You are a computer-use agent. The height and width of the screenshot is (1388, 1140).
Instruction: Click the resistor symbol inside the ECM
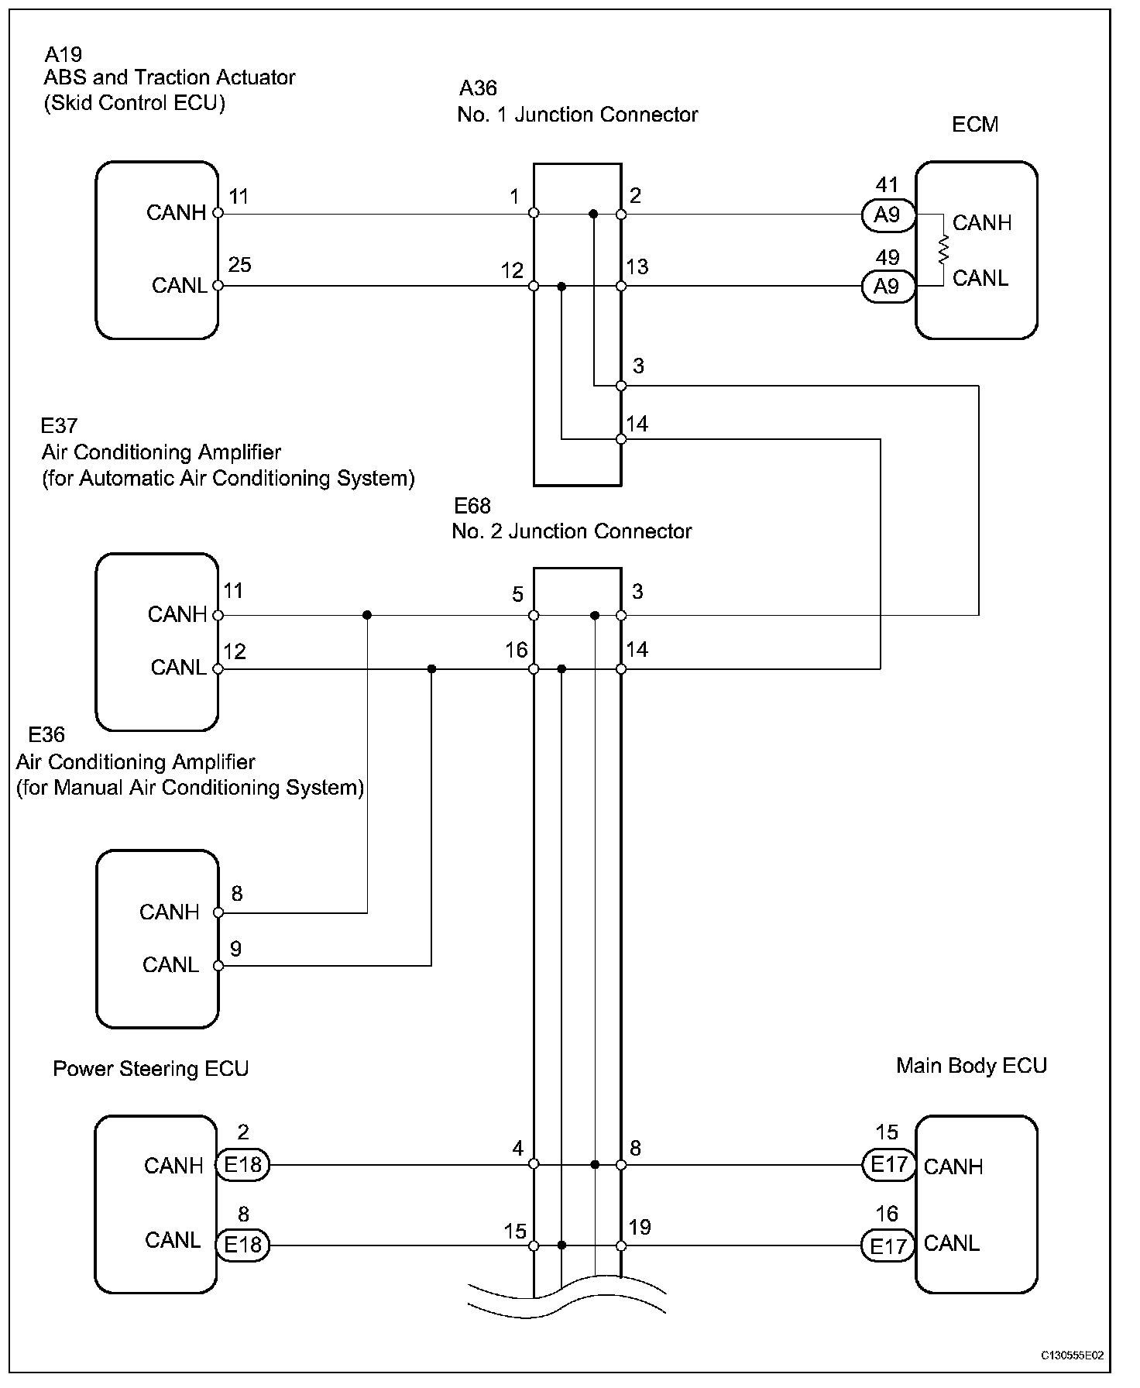click(x=943, y=250)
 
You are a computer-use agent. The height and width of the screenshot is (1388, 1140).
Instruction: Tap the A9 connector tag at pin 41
click(x=888, y=215)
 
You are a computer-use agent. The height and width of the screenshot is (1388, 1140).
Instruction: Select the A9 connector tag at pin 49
click(x=888, y=287)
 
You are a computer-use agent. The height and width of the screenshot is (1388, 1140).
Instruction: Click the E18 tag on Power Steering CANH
click(x=242, y=1164)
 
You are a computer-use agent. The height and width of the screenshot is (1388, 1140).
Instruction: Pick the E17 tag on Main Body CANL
click(x=888, y=1245)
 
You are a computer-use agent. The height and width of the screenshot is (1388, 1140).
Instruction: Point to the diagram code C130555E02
click(x=1072, y=1355)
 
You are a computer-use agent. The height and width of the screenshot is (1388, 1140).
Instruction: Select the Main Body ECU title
click(x=971, y=1066)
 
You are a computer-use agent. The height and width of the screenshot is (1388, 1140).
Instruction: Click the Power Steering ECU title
click(x=150, y=1069)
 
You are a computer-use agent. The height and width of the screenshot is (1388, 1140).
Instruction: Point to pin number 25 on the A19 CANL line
click(x=239, y=265)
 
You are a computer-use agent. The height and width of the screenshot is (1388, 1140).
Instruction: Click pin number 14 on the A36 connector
click(x=637, y=424)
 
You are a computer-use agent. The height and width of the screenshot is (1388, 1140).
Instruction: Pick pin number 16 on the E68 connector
click(x=517, y=650)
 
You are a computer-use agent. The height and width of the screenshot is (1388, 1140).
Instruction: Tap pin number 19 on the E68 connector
click(x=640, y=1227)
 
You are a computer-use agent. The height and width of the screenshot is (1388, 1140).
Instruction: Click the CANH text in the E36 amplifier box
click(x=170, y=912)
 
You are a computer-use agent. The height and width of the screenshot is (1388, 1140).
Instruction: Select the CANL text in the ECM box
click(x=980, y=278)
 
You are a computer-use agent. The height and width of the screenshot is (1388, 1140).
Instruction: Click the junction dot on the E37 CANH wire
click(x=367, y=615)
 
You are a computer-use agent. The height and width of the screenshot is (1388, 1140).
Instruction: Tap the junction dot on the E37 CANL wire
click(x=431, y=668)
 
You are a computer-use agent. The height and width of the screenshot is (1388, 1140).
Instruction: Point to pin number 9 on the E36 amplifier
click(x=235, y=949)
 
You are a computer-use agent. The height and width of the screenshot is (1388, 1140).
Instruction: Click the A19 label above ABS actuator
click(x=63, y=54)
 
